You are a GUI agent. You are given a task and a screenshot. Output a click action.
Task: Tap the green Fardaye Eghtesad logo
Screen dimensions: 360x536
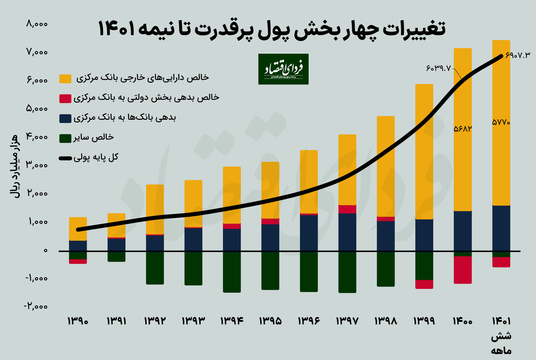283,69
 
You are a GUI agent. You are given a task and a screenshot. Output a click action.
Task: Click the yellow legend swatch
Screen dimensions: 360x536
66,78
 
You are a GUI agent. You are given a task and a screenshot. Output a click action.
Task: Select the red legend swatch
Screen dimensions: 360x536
66,99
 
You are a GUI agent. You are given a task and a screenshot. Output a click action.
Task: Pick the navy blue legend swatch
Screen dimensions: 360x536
66,118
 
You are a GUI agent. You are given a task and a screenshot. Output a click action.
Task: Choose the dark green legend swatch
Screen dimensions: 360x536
66,138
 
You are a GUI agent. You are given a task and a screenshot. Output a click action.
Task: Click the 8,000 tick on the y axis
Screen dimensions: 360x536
37,24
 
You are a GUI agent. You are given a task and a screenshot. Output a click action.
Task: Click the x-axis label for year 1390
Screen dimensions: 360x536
78,322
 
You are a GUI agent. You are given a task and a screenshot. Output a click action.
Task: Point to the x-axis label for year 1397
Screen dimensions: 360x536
347,322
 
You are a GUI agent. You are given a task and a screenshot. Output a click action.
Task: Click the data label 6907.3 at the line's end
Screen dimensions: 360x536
518,55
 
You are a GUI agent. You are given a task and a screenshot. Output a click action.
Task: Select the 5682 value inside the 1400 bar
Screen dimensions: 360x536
463,129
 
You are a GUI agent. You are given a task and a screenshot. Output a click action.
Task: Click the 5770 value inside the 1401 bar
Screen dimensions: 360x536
501,123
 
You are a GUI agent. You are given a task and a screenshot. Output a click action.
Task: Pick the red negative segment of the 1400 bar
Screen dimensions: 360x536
463,270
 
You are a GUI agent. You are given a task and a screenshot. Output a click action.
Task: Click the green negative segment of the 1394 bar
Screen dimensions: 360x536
232,272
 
